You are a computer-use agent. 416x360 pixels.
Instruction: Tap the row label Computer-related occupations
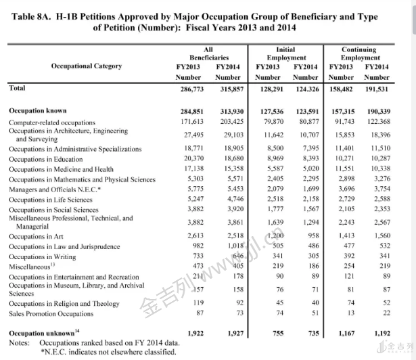tap(52, 122)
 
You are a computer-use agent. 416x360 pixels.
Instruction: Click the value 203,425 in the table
tap(229, 121)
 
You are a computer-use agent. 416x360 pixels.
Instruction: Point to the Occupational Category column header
tap(87, 66)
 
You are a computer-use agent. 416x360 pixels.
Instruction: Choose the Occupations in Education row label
tap(46, 160)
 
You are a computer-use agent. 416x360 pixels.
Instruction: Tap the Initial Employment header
tap(286, 53)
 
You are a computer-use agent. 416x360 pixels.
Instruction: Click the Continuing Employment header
tap(359, 53)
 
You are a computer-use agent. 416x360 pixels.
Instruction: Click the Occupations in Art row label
tap(36, 237)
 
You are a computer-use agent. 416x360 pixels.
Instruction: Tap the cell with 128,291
tap(268, 89)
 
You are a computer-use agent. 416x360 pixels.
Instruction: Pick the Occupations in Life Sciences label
tap(51, 200)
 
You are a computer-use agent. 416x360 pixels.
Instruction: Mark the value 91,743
tap(340, 121)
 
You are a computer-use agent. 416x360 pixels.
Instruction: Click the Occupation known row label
tap(38, 110)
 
